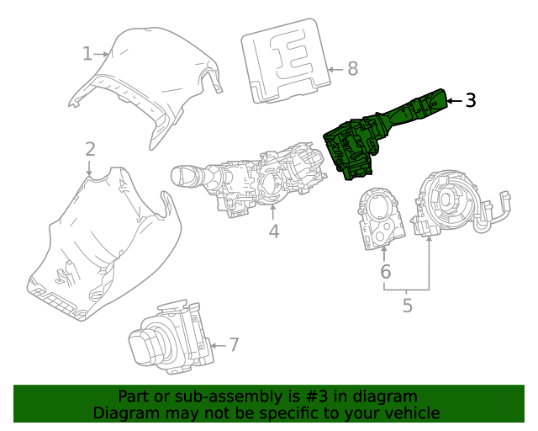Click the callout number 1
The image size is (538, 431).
87,54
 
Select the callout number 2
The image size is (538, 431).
90,150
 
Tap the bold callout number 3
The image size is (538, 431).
471,100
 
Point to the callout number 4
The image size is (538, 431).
274,231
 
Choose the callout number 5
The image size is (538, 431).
408,306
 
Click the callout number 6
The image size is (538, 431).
385,272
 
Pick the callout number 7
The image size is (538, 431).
234,344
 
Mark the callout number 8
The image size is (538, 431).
352,68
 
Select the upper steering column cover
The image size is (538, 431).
147,76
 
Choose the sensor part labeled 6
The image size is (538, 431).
378,217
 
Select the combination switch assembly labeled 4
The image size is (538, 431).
252,181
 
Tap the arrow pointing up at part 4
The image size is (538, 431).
274,210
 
